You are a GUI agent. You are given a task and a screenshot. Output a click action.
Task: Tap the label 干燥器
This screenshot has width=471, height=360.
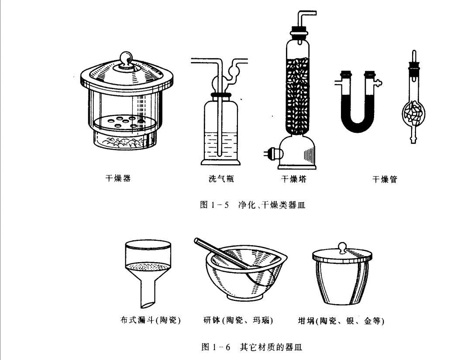pos(118,178)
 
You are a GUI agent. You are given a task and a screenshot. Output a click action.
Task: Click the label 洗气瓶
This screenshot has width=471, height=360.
pos(221,179)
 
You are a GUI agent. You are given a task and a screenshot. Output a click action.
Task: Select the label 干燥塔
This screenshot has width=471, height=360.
pos(294,179)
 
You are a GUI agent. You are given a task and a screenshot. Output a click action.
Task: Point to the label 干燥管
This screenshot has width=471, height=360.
pos(385,179)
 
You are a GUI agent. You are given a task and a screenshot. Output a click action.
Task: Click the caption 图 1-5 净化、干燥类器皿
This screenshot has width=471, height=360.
pos(253,205)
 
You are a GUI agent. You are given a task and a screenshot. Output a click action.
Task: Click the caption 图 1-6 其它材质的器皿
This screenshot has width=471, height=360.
pos(252,347)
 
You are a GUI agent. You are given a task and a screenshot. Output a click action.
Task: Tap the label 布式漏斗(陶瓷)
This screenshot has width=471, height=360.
pos(150,320)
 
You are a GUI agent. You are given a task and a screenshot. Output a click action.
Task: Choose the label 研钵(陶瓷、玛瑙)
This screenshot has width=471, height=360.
pos(238,320)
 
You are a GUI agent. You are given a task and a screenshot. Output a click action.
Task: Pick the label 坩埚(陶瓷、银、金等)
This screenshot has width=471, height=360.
pos(341,321)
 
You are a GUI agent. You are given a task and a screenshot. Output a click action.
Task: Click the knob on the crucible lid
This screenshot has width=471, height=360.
pos(342,247)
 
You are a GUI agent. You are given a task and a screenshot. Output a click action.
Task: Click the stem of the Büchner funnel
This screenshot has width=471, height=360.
pos(148,294)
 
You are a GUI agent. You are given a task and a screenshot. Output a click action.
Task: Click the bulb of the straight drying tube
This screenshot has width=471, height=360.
pos(414,113)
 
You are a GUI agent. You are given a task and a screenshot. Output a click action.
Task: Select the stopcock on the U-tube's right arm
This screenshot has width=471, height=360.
pos(378,82)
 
